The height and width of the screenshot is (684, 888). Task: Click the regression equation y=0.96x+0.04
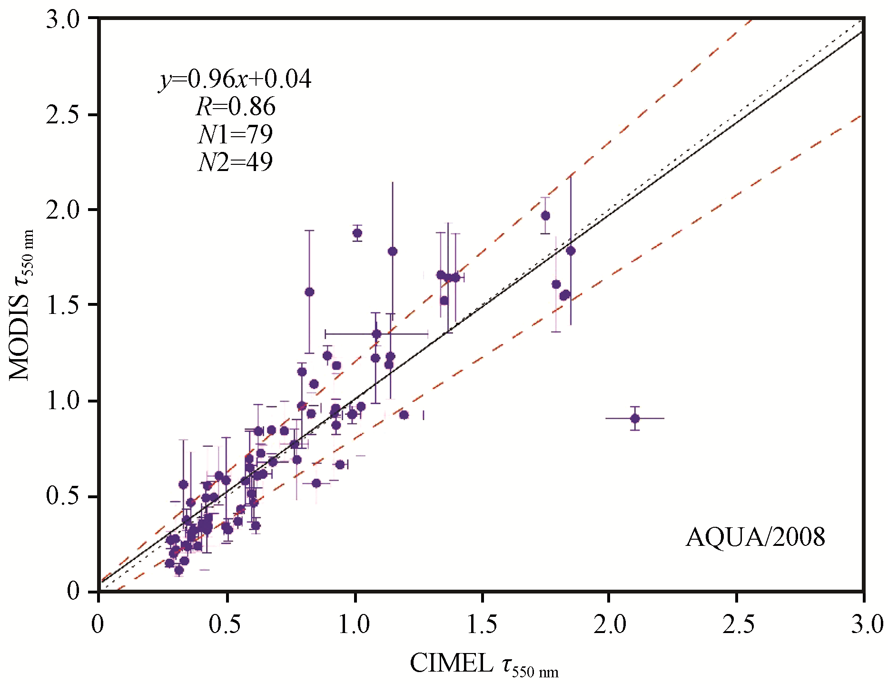tap(236, 79)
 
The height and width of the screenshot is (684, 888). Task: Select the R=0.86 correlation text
tap(236, 107)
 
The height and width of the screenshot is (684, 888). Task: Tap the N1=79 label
tap(236, 135)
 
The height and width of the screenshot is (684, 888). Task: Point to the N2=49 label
tap(236, 162)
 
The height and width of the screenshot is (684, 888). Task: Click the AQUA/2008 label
tap(755, 537)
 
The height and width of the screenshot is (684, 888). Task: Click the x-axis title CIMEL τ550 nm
tap(484, 664)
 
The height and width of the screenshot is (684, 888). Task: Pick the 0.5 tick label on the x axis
tap(225, 624)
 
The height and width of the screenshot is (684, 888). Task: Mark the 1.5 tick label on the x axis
tap(482, 624)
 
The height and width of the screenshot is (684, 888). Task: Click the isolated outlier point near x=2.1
tap(635, 419)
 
